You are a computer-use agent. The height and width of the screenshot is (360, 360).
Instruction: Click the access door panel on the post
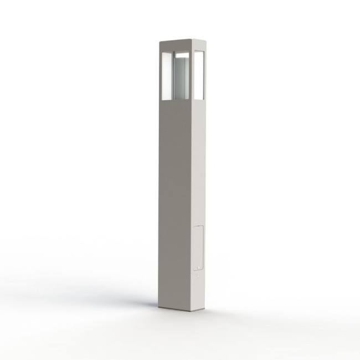point(198,246)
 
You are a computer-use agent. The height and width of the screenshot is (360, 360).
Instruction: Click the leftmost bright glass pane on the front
point(165,76)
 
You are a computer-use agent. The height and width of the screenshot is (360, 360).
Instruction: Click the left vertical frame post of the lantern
point(161,75)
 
